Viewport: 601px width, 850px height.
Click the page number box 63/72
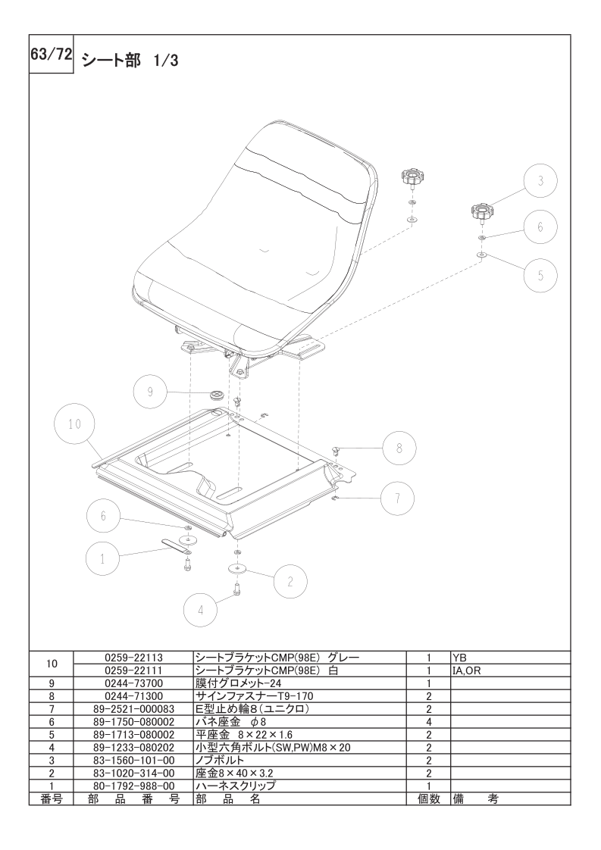tap(51, 55)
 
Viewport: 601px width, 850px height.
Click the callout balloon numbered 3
tap(541, 180)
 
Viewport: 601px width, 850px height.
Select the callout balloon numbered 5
tap(541, 275)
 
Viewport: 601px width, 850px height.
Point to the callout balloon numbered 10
tap(75, 423)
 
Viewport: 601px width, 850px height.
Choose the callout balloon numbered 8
tap(399, 448)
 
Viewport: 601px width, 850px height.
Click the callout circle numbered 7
tap(398, 498)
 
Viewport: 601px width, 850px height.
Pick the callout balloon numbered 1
tap(102, 559)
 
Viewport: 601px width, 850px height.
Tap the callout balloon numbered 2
tap(290, 583)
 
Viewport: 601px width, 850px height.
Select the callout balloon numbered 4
tap(201, 610)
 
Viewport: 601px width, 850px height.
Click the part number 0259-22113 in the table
tap(133, 658)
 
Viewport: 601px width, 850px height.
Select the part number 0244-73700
tap(133, 683)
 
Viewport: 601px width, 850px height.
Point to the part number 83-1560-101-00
tap(133, 760)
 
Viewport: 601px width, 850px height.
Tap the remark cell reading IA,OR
tap(467, 670)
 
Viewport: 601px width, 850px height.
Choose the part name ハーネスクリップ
tap(236, 786)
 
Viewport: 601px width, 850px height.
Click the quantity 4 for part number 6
tap(428, 721)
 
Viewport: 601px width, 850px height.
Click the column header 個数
tap(428, 798)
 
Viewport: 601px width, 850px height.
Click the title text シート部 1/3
tap(130, 60)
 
